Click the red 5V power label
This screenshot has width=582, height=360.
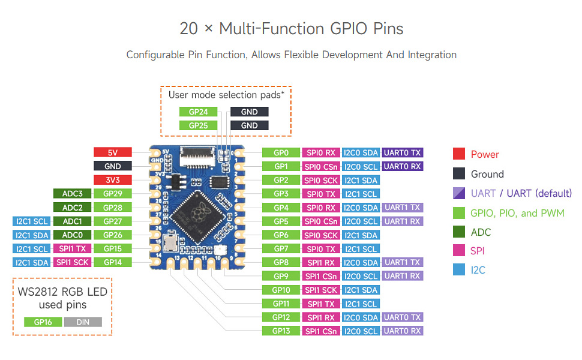pyautogui.click(x=112, y=152)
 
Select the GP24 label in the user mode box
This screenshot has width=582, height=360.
pyautogui.click(x=198, y=112)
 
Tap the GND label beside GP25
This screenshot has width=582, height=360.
pyautogui.click(x=250, y=125)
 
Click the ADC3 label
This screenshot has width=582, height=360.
pyautogui.click(x=72, y=193)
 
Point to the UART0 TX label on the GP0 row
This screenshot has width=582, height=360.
pyautogui.click(x=402, y=152)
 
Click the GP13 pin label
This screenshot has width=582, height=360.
pyautogui.click(x=281, y=331)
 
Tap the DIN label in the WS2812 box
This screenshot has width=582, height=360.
pyautogui.click(x=83, y=322)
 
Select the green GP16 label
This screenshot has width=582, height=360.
pyautogui.click(x=43, y=322)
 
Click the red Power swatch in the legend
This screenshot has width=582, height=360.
pyautogui.click(x=459, y=154)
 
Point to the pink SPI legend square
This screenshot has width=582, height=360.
pyautogui.click(x=459, y=251)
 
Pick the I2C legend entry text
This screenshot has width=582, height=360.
pyautogui.click(x=478, y=270)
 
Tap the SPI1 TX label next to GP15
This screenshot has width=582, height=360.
pyautogui.click(x=72, y=248)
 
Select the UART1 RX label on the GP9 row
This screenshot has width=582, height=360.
pyautogui.click(x=402, y=276)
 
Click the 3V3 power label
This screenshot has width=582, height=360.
pyautogui.click(x=112, y=180)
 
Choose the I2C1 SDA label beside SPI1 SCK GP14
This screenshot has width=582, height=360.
pyautogui.click(x=32, y=262)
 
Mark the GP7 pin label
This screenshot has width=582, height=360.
pyautogui.click(x=281, y=248)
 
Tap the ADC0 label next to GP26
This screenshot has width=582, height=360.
pyautogui.click(x=72, y=235)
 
